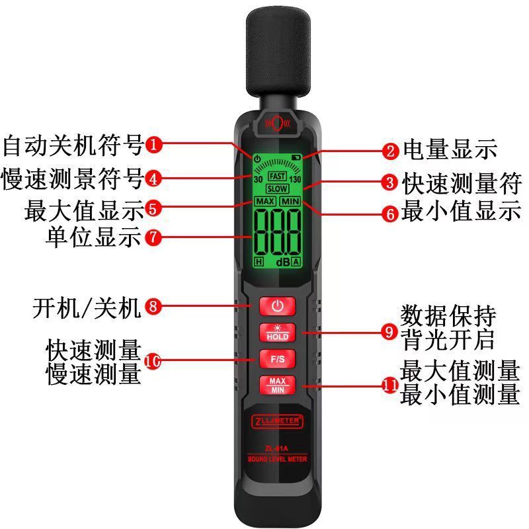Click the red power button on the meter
pos(277,305)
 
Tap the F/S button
pos(277,359)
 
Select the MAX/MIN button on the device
pos(277,384)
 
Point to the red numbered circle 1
pos(153,145)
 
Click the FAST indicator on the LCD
pos(277,177)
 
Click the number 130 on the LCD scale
pos(295,179)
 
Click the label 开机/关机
pos(86,307)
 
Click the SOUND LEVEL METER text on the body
pos(277,458)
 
